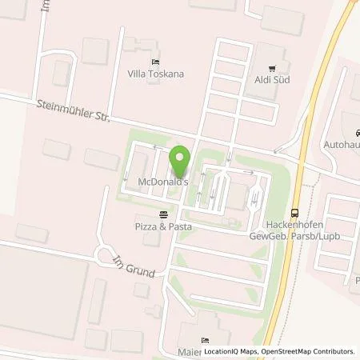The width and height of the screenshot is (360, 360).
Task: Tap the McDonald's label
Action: pos(162,182)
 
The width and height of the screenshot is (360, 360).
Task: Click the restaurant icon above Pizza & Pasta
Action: pos(163,214)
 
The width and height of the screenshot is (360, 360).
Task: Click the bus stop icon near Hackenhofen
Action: pos(295,212)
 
